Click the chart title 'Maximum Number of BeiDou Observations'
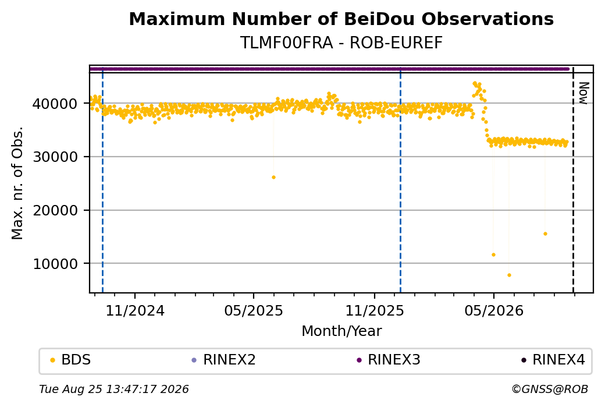tap(341, 19)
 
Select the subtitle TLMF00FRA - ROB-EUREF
tap(341, 43)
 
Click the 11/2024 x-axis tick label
tap(135, 310)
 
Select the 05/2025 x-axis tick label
tap(254, 310)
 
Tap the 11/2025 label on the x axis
tap(374, 310)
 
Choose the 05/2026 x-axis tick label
tap(494, 310)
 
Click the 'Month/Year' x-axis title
tap(341, 331)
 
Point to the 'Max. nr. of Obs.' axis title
tap(17, 183)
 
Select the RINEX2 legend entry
tap(224, 360)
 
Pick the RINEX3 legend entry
tap(389, 360)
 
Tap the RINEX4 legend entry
tap(553, 360)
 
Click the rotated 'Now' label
tap(583, 93)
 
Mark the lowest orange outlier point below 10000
tap(510, 275)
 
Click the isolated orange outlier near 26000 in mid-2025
tap(273, 177)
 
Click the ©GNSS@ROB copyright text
tap(550, 389)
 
